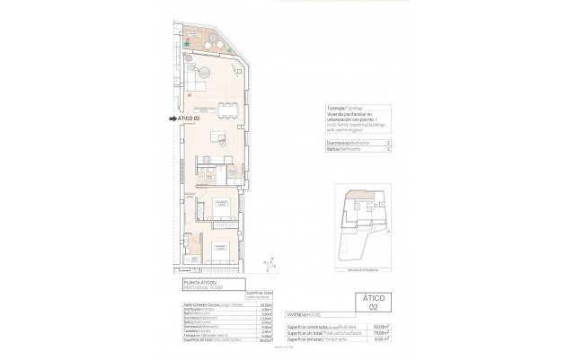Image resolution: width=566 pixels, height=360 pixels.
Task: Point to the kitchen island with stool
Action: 217,137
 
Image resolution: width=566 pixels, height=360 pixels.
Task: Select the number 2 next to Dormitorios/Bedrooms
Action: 387,143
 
